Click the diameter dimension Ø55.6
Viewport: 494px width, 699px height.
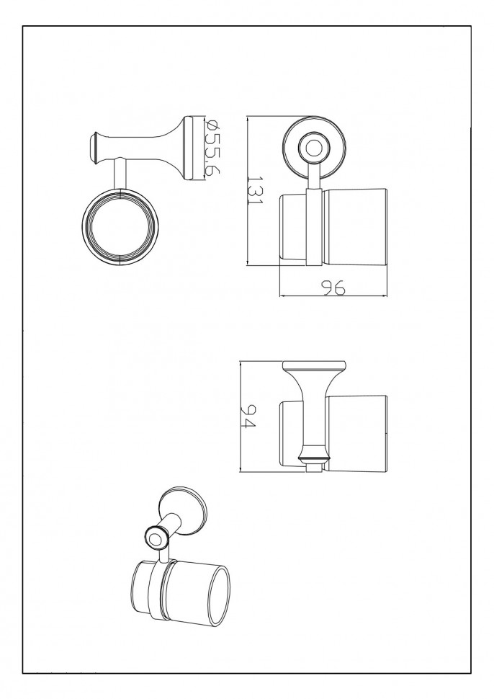pos(212,148)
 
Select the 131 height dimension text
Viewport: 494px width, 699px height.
pos(256,190)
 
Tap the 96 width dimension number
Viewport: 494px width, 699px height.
pos(333,288)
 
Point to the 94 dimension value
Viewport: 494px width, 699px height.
pos(248,417)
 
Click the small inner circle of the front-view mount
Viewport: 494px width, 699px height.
pos(315,148)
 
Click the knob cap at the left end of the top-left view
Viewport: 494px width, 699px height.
pos(94,147)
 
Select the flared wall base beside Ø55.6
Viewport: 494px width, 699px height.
pos(189,148)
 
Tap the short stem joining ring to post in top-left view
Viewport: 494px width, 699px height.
pos(120,174)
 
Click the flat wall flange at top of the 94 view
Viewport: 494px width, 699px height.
pos(315,365)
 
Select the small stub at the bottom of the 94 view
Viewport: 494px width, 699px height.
pos(315,467)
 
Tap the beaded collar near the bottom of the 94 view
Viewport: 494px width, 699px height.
pos(315,458)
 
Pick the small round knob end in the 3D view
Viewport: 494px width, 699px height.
pos(156,537)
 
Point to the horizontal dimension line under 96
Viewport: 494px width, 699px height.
pos(333,295)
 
